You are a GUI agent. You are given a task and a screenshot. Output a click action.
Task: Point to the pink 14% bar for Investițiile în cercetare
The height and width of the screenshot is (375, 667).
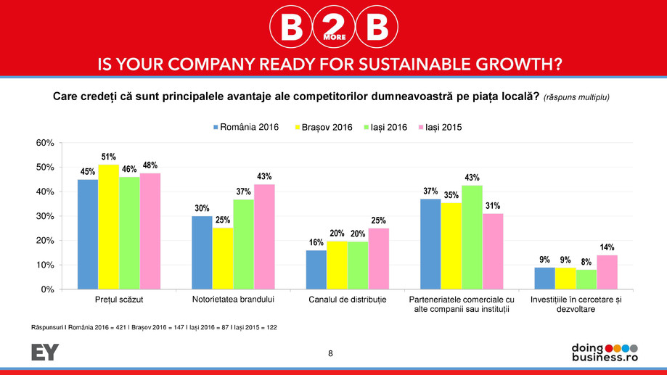pyautogui.click(x=607, y=272)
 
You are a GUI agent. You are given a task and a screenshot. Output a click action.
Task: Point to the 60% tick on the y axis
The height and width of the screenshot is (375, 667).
pyautogui.click(x=44, y=143)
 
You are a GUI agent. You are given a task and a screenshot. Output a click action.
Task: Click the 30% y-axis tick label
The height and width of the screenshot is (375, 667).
pyautogui.click(x=44, y=216)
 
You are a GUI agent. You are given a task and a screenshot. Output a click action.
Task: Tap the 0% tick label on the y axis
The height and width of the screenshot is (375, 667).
pyautogui.click(x=47, y=289)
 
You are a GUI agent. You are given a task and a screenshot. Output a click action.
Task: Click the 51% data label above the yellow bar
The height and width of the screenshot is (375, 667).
pyautogui.click(x=108, y=157)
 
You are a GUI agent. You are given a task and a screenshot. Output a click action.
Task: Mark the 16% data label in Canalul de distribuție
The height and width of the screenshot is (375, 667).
pyautogui.click(x=316, y=242)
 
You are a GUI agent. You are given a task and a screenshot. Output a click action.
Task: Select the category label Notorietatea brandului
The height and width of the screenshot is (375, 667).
pyautogui.click(x=233, y=300)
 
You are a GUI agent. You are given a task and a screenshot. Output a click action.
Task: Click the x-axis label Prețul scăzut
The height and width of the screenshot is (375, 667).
pyautogui.click(x=119, y=300)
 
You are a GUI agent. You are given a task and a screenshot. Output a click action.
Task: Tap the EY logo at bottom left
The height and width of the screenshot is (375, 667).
pyautogui.click(x=45, y=353)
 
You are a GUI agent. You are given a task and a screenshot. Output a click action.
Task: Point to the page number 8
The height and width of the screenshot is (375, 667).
pyautogui.click(x=331, y=353)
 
